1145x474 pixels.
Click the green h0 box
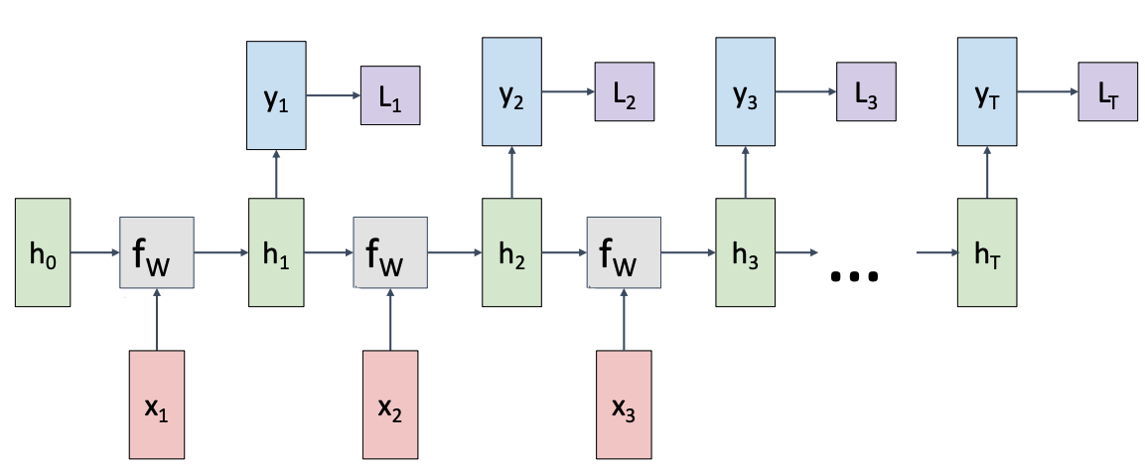(x=43, y=251)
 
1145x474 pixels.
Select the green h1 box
(x=276, y=251)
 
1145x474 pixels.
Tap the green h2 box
(x=511, y=251)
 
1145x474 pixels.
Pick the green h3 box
(x=745, y=251)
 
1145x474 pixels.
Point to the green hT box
(x=986, y=251)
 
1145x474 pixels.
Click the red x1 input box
(x=157, y=404)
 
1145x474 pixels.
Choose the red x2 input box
(x=390, y=404)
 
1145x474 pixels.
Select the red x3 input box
(x=624, y=404)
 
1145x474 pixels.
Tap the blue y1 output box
(x=276, y=96)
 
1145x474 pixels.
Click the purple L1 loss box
(x=389, y=96)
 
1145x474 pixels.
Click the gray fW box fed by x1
(x=157, y=252)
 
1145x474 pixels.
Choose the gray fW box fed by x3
(x=624, y=252)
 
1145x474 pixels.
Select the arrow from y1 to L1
(x=333, y=96)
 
